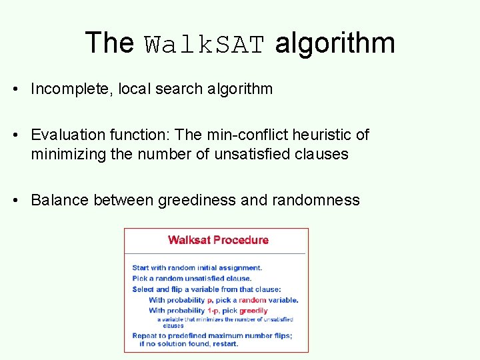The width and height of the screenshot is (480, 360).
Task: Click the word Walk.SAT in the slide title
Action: [x=205, y=45]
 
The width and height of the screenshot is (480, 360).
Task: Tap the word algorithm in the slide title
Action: [x=335, y=43]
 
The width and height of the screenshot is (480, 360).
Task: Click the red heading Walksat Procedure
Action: [x=218, y=240]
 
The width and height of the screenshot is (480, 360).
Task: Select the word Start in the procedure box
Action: [x=141, y=268]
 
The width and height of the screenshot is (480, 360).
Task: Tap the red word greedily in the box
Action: [x=253, y=310]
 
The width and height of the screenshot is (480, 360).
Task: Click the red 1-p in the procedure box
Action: [x=212, y=310]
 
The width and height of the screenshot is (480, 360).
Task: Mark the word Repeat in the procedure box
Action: [x=145, y=335]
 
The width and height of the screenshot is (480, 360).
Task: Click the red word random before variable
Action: [x=252, y=300]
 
